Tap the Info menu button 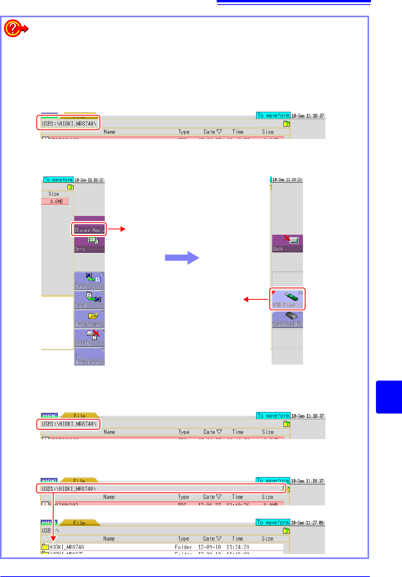point(89,245)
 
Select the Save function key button point(89,281)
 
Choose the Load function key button point(89,300)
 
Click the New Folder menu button point(89,319)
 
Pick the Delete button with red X point(89,338)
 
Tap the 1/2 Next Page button point(89,357)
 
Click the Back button point(287,244)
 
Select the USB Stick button point(287,299)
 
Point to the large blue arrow point(182,258)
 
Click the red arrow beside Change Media point(117,229)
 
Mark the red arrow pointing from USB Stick point(256,299)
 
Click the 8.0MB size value point(56,201)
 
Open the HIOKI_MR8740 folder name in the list point(67,547)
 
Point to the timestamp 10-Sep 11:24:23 point(287,180)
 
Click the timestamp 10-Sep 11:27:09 point(307,523)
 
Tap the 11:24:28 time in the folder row point(237,547)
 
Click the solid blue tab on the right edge point(389,397)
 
